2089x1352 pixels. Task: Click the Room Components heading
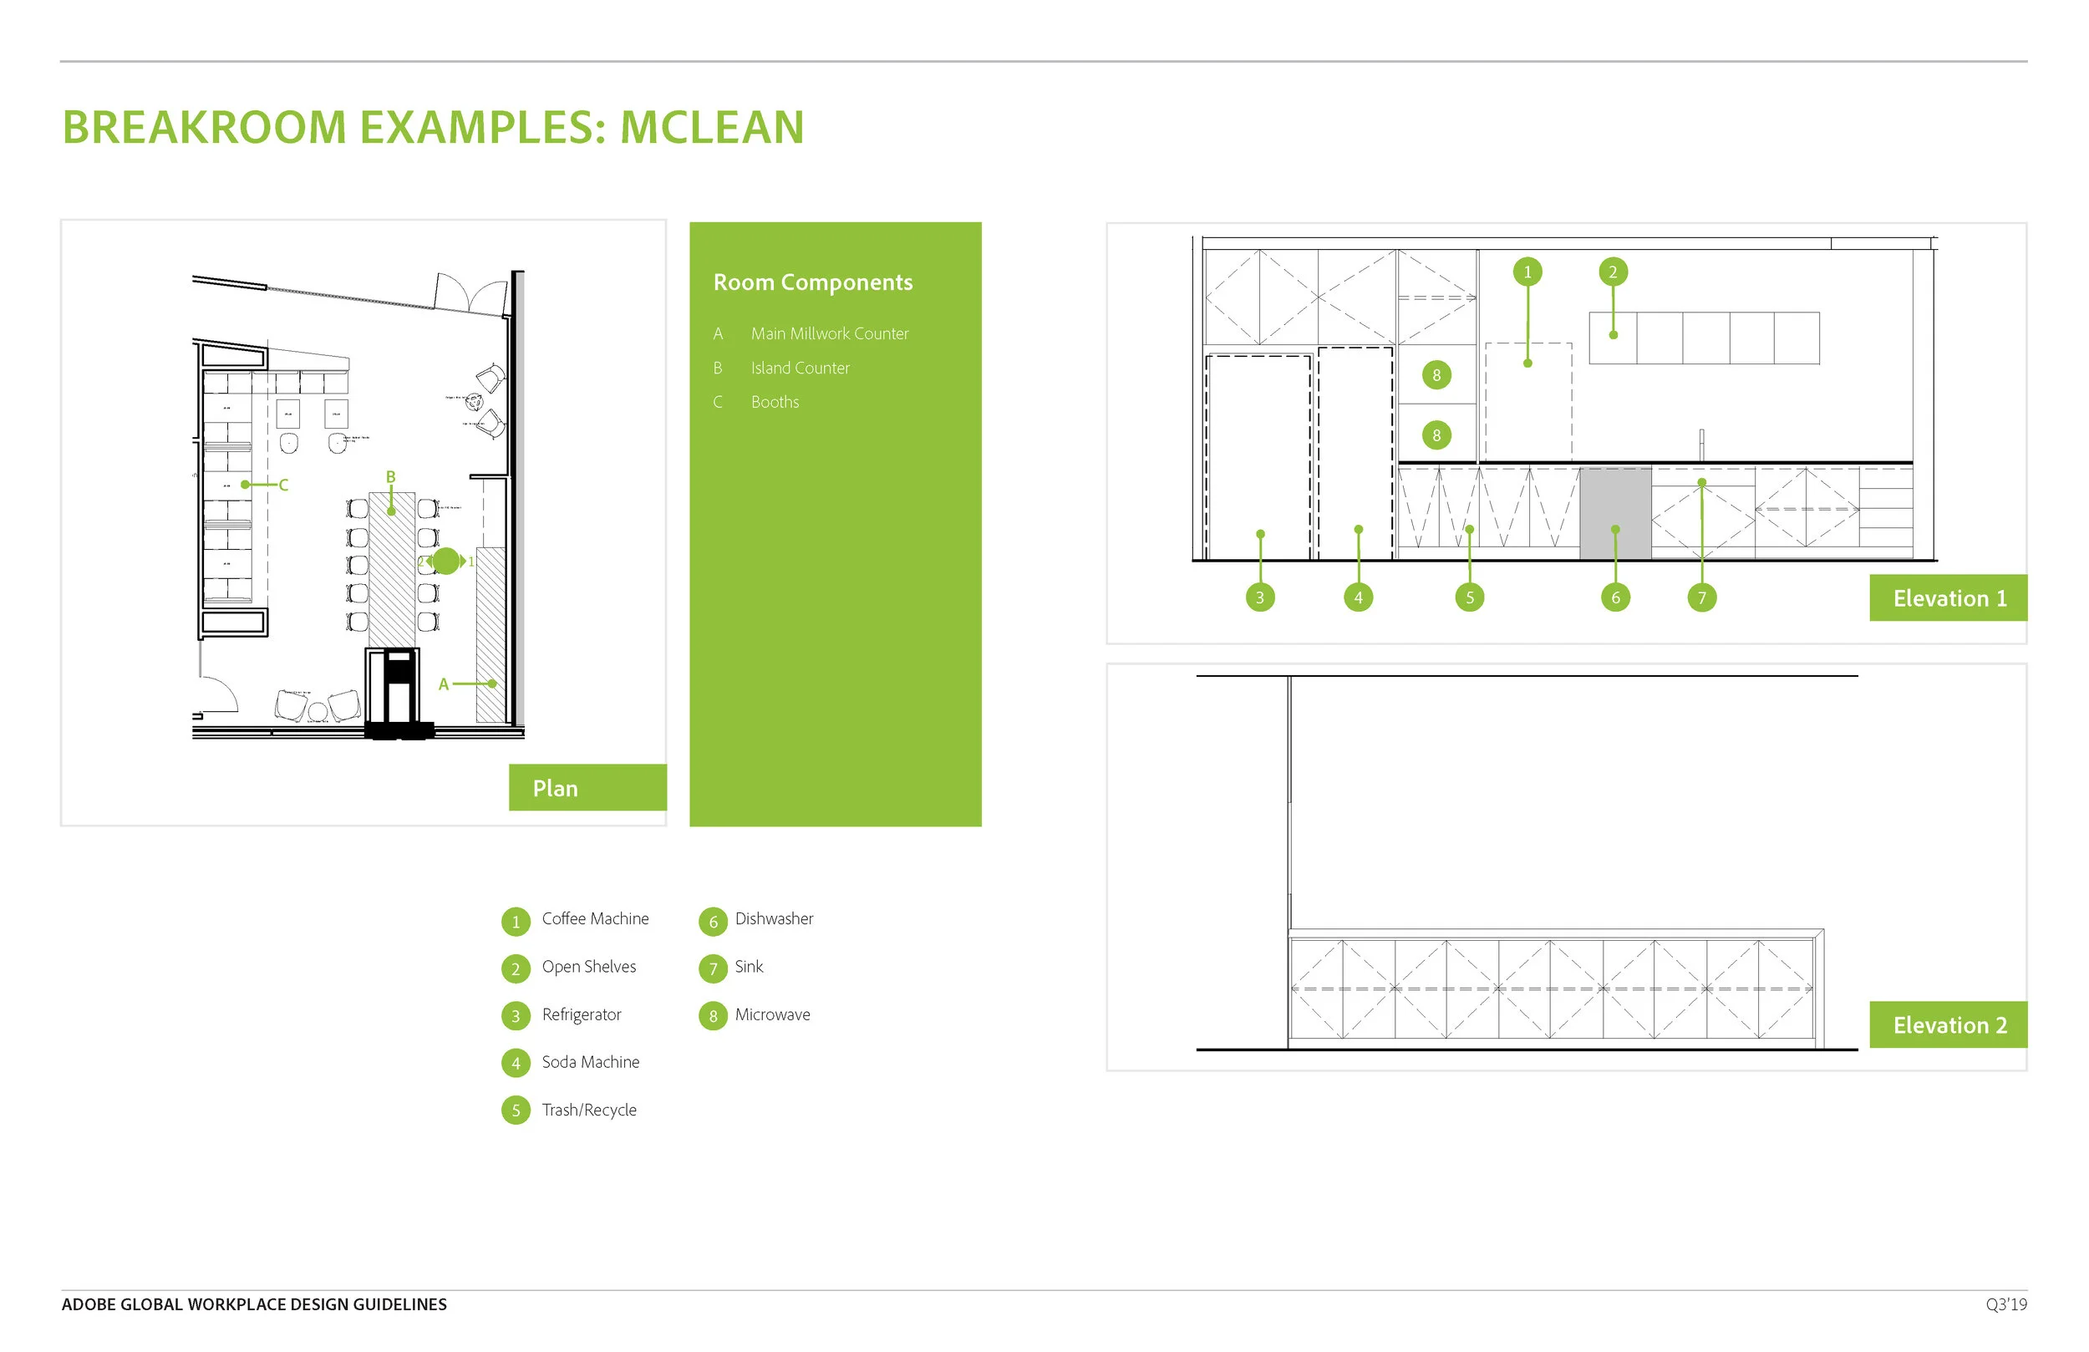pos(813,282)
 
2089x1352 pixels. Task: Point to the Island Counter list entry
pos(800,368)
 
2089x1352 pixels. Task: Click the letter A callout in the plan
pos(443,684)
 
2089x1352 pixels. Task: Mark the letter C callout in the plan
pos(282,485)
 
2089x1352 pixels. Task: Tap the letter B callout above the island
pos(390,477)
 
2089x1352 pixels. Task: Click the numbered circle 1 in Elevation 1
pos(1527,272)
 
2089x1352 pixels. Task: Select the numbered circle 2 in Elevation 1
pos(1613,272)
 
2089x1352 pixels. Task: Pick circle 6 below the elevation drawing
pos(1615,597)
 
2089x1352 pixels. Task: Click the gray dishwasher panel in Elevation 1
pos(1615,513)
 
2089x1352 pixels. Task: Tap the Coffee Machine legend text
pos(595,918)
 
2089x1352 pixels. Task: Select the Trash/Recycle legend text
pos(589,1110)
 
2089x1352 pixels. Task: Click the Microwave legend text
pos(772,1014)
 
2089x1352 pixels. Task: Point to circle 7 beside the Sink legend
pos(713,968)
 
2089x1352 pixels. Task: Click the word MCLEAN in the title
pos(712,127)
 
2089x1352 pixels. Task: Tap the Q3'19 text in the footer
pos(2005,1304)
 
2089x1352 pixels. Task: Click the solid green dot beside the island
pos(446,561)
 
